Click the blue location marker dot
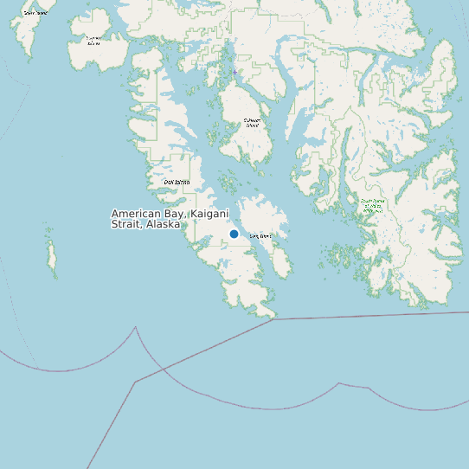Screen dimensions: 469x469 [x=234, y=234]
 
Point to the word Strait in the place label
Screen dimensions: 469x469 [x=126, y=223]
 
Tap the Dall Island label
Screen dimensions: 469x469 [x=177, y=182]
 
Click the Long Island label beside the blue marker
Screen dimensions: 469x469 [x=260, y=235]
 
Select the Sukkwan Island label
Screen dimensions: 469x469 [x=252, y=123]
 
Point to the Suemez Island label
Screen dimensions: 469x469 [x=93, y=40]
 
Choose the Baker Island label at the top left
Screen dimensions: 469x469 [x=35, y=13]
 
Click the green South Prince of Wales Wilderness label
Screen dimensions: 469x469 [x=373, y=205]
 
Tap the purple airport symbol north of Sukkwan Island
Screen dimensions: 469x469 [x=234, y=72]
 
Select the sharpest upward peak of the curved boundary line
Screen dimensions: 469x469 [x=136, y=328]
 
